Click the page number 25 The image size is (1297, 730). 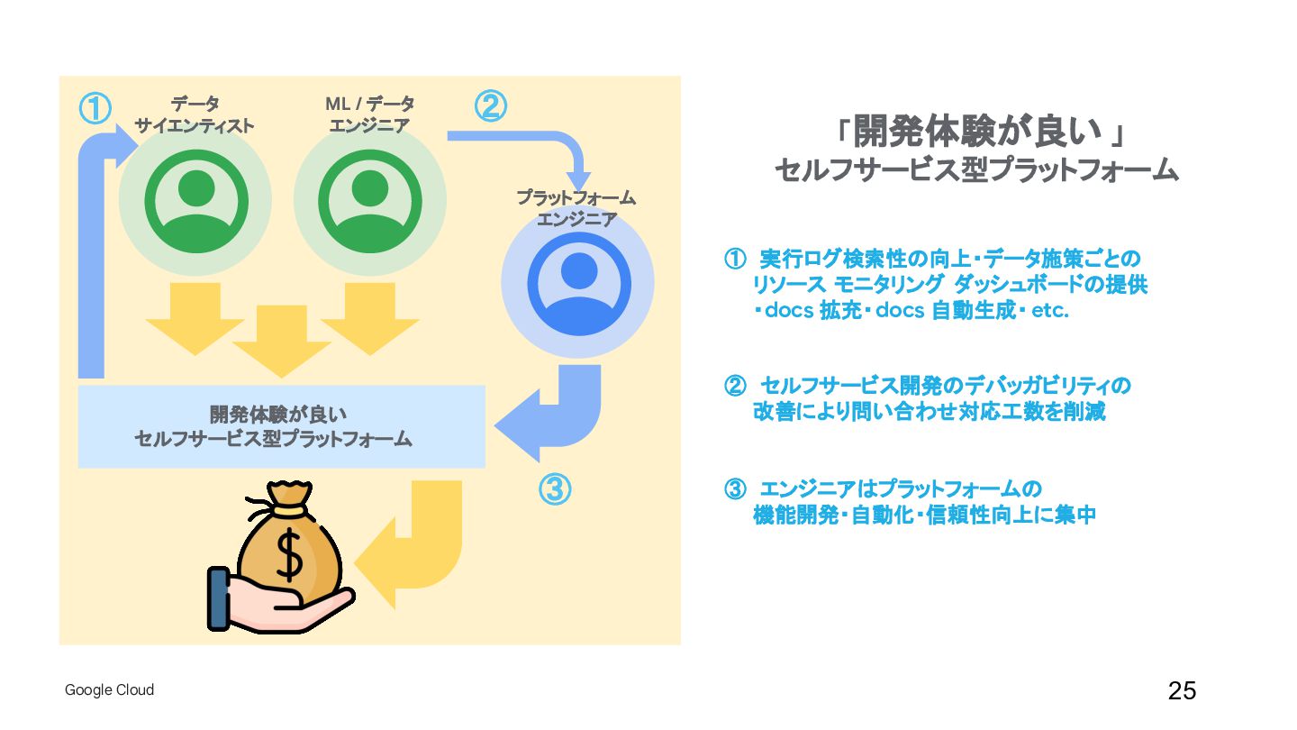[1182, 691]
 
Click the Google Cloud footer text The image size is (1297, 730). [109, 690]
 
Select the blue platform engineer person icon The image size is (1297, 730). [578, 283]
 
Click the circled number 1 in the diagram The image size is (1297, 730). [95, 109]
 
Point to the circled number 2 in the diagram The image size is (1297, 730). [490, 106]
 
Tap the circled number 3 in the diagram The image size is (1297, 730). [555, 489]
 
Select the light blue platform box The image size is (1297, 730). [281, 426]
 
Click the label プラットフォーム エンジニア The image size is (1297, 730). [576, 208]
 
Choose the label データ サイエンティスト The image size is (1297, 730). [195, 115]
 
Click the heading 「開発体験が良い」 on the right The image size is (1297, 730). [976, 133]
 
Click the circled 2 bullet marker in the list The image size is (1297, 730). [735, 387]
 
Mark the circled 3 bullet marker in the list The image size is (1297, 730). [735, 490]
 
